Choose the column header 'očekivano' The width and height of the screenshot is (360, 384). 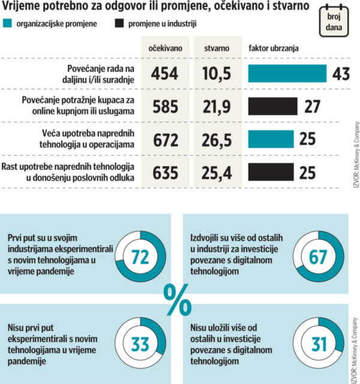(x=164, y=48)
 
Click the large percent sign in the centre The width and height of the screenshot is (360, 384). (x=177, y=300)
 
